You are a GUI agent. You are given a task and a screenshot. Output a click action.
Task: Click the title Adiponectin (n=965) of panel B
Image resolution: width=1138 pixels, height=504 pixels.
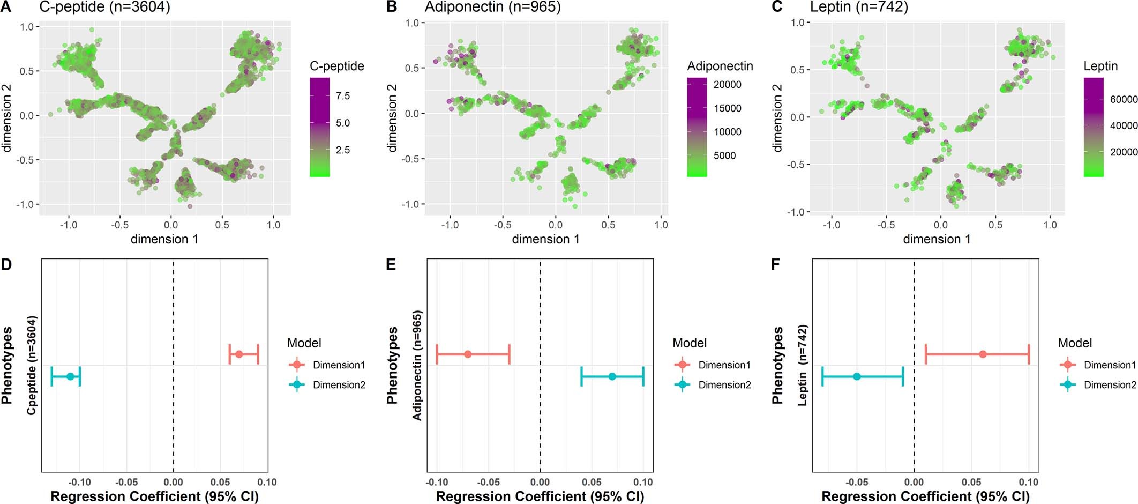(492, 7)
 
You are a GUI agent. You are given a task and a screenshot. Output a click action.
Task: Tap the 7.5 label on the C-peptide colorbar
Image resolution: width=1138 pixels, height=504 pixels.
(343, 96)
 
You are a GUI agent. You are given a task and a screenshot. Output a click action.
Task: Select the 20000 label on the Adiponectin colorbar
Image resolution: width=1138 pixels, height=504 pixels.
(727, 85)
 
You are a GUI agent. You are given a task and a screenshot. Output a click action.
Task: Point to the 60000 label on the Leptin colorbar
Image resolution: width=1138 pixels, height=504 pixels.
(1124, 100)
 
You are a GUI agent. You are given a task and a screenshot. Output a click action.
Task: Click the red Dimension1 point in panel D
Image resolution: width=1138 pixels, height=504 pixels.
(239, 354)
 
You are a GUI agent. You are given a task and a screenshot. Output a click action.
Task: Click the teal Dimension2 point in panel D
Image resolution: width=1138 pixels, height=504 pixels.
(70, 376)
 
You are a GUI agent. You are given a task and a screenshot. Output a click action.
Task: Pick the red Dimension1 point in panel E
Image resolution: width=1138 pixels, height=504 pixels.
(468, 354)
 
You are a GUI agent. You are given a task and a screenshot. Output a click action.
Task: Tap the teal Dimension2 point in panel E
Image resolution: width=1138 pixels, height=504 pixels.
(612, 376)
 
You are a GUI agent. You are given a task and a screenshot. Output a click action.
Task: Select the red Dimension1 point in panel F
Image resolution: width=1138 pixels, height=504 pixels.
(983, 354)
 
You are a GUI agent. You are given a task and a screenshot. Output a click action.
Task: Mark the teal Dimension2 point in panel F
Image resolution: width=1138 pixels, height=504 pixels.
(857, 376)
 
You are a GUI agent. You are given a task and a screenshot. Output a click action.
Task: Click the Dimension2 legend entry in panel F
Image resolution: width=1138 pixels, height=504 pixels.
(1110, 385)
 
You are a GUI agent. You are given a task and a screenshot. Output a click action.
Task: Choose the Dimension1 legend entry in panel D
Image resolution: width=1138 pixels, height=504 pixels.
(339, 365)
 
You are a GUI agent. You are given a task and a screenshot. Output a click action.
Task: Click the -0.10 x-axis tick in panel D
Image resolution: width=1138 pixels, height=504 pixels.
(80, 482)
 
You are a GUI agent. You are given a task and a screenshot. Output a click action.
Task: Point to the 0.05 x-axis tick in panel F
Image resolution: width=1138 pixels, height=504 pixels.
(971, 482)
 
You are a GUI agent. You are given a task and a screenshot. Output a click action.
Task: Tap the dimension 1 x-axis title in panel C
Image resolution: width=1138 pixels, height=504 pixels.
(937, 239)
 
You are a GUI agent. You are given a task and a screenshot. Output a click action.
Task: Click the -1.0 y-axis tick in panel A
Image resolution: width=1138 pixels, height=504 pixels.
(27, 204)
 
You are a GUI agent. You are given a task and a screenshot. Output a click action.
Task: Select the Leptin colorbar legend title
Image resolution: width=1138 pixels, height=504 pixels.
(1100, 66)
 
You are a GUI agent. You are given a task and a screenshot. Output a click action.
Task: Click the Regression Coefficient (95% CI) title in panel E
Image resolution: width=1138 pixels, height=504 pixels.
(540, 496)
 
